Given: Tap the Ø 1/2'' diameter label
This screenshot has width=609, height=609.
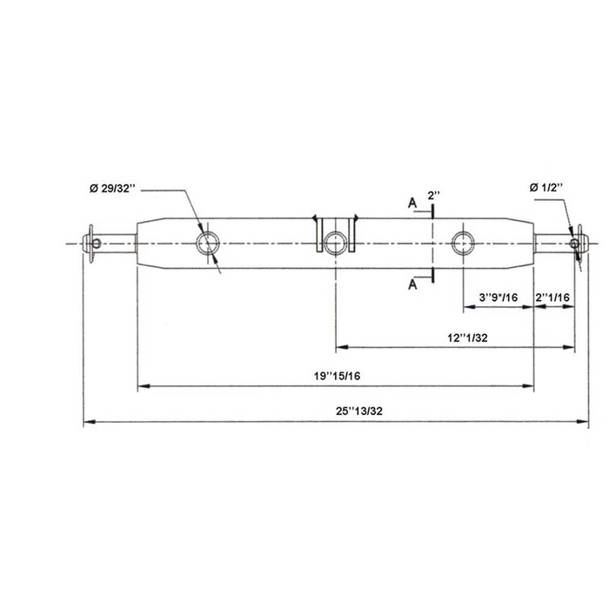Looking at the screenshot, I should tap(545, 187).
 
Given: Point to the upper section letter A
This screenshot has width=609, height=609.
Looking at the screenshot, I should tap(412, 204).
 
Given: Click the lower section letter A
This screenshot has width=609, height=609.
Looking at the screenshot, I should tap(412, 282).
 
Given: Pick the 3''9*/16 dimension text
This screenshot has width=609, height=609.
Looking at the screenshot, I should tap(499, 298).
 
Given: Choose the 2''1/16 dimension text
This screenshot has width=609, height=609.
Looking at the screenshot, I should tap(553, 298).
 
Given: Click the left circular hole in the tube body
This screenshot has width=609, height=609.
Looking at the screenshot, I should tap(208, 242).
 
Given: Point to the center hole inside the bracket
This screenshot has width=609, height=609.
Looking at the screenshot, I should tap(335, 242).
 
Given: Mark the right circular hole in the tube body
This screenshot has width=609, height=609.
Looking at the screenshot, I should tap(463, 242).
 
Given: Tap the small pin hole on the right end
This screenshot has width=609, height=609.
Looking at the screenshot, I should tap(574, 243).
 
